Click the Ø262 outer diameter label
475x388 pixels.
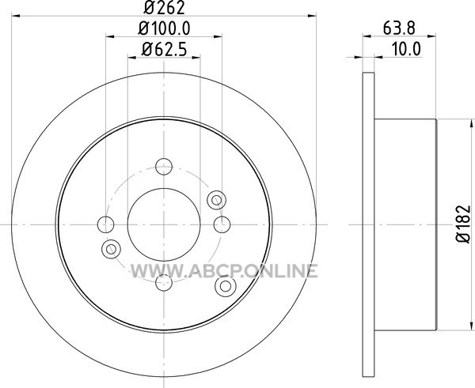point(164,8)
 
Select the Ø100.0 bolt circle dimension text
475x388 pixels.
point(164,29)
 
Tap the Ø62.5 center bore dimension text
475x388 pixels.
point(164,49)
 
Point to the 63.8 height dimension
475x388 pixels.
point(399,28)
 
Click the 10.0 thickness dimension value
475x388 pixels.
point(406,49)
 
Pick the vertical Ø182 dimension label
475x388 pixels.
point(463,224)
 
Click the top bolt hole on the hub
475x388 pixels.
point(164,166)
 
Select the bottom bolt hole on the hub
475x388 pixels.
point(164,283)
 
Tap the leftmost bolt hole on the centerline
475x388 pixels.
point(106,224)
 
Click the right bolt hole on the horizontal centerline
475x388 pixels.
point(222,224)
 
